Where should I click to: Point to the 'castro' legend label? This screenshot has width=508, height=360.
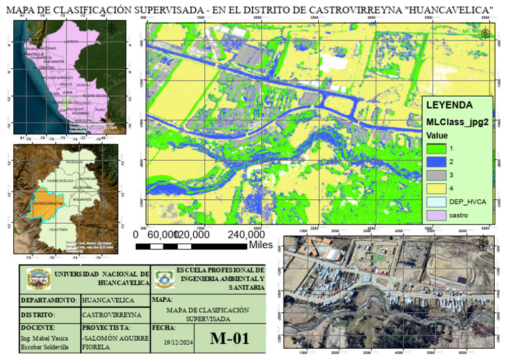461,216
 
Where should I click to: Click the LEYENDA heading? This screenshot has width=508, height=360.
449,105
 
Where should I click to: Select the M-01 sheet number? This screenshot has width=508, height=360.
229,339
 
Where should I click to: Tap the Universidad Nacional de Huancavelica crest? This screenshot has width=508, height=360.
38,281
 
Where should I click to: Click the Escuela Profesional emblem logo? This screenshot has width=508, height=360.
163,280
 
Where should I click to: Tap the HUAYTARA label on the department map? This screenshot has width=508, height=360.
59,230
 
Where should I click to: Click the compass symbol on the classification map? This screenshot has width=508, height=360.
486,34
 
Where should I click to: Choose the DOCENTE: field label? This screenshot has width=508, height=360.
38,328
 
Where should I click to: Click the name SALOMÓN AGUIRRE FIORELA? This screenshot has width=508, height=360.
110,342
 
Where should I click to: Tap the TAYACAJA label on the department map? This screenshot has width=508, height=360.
73,161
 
